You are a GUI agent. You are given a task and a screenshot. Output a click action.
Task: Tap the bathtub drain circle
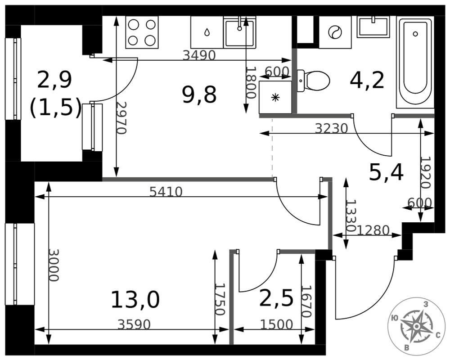tap(415, 34)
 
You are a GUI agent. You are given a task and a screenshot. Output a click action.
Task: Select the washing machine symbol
tap(335, 32)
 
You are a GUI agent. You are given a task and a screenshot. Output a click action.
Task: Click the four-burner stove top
tap(142, 32)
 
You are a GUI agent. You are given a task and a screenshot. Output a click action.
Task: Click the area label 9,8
tap(199, 95)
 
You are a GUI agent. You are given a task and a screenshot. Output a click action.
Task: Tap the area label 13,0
tap(135, 300)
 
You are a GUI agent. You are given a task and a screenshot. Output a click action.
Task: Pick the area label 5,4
tap(386, 172)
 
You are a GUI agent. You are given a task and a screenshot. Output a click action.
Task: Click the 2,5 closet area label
tap(276, 298)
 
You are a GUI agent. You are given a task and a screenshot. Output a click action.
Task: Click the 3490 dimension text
tap(199, 55)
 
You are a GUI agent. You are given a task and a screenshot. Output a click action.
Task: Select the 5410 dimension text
tap(166, 192)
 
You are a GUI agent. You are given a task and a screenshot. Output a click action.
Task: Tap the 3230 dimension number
tap(332, 128)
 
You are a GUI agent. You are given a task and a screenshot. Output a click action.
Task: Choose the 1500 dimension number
tap(276, 324)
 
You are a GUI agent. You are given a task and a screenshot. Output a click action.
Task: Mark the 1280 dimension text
tap(373, 230)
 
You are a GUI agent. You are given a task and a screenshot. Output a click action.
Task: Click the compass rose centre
tap(416, 326)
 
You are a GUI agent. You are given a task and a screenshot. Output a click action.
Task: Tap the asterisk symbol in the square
tap(275, 98)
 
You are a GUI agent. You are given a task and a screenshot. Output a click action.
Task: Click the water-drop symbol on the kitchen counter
tap(207, 32)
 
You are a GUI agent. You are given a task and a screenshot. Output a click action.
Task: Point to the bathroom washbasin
tap(373, 27)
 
